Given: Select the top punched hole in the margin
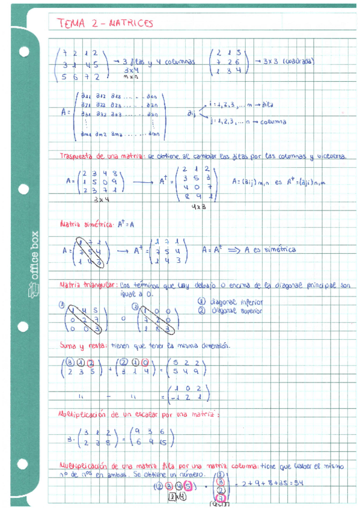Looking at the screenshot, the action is point(25,51).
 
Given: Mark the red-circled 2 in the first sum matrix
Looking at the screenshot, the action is point(91,362).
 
